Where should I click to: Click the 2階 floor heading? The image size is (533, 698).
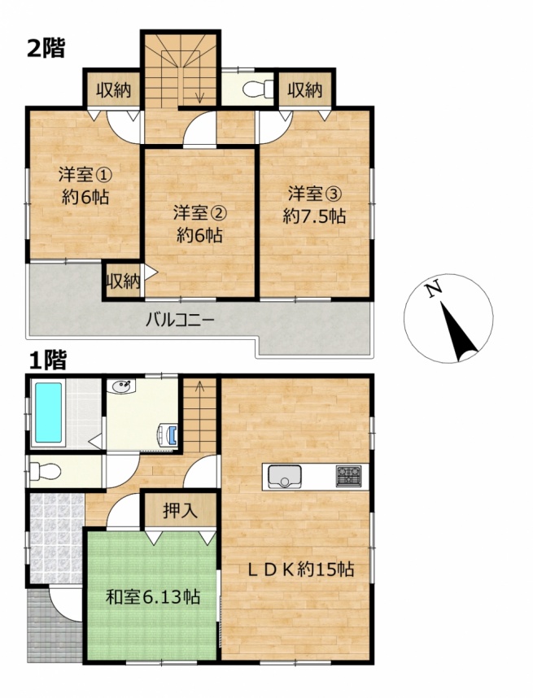(x=46, y=48)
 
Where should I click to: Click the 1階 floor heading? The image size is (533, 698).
(x=48, y=360)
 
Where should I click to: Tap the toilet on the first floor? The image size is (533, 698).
(x=45, y=471)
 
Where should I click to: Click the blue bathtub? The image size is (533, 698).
(x=48, y=412)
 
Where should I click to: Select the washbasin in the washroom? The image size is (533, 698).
(x=121, y=387)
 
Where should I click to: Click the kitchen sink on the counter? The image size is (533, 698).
(x=285, y=476)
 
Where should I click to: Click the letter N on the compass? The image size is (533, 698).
(x=432, y=290)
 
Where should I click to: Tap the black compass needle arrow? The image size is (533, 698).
(x=457, y=331)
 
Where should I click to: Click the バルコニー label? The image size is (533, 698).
(x=181, y=320)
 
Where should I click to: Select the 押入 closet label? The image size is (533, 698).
(x=180, y=511)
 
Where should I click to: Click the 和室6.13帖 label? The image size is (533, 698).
(x=152, y=596)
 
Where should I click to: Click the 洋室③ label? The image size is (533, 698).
(x=314, y=194)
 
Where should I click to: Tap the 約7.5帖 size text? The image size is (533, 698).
(x=314, y=216)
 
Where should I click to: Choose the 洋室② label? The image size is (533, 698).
(x=200, y=213)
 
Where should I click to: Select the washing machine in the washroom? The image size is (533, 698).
(x=169, y=435)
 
